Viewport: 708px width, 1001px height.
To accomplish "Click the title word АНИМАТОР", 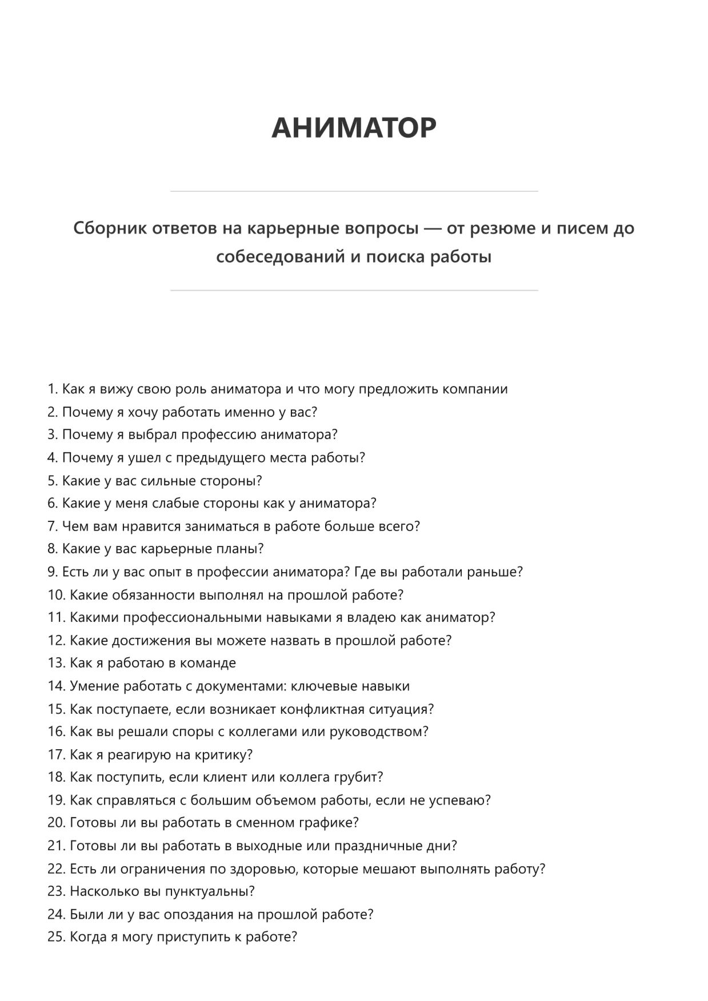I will [354, 127].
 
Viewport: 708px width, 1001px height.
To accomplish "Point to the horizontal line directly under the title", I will [354, 191].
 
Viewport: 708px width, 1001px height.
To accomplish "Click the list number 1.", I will [52, 389].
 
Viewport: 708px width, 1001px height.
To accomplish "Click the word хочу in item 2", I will [142, 412].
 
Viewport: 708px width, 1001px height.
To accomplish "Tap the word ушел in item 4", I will [145, 457].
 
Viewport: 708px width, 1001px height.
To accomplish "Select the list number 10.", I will [56, 594].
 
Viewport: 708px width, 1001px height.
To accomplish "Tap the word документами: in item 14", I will [241, 686].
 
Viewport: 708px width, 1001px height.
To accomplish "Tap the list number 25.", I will [56, 937].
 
